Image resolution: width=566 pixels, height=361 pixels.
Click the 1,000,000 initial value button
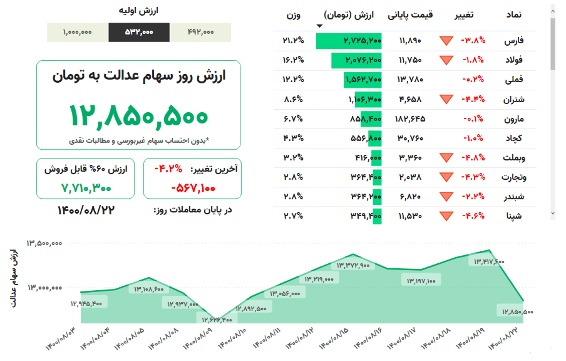(x=78, y=33)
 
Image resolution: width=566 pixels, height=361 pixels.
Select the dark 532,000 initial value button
(x=138, y=33)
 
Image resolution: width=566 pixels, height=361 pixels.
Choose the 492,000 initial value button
(x=200, y=33)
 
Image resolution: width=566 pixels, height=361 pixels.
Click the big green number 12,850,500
(x=138, y=115)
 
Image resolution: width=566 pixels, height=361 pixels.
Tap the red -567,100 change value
(x=193, y=187)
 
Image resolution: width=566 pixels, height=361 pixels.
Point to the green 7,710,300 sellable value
(x=86, y=187)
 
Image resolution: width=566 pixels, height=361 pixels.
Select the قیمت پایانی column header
(x=411, y=14)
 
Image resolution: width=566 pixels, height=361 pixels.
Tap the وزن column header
(x=294, y=14)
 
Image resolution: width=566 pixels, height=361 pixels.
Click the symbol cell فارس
(x=515, y=41)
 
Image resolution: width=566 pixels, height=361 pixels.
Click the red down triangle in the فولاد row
(x=446, y=61)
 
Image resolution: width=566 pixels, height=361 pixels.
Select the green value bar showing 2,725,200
(x=349, y=41)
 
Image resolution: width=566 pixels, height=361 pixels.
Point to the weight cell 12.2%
(x=293, y=80)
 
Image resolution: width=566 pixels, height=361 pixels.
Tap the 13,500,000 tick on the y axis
(x=44, y=243)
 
